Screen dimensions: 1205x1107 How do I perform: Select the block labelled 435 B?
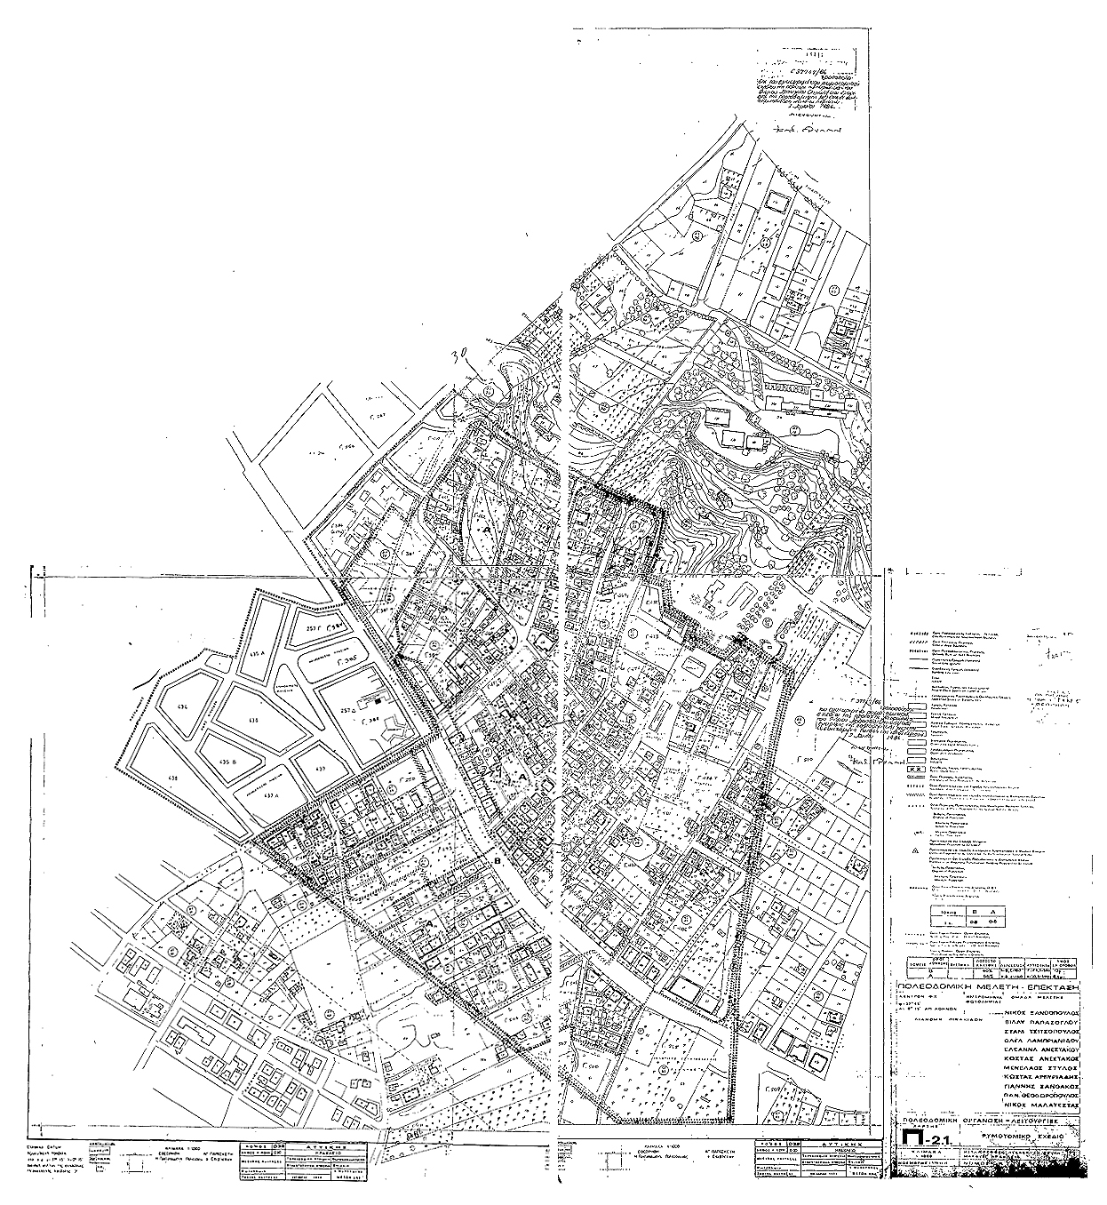click(x=230, y=762)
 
